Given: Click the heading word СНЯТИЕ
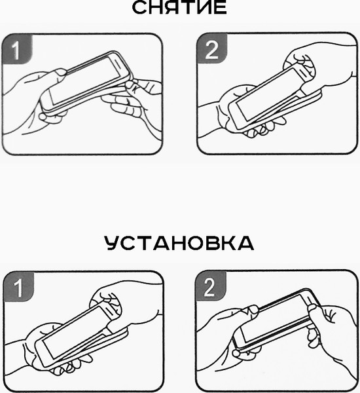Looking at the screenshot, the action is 179,7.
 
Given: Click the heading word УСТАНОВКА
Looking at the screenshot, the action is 179,243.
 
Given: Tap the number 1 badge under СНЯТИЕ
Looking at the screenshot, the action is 17,49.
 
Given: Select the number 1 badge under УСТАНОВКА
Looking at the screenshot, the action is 18,287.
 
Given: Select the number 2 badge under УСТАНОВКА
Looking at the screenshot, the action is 210,286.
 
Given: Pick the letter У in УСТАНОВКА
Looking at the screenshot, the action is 113,243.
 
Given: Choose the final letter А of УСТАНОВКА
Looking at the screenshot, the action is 245,243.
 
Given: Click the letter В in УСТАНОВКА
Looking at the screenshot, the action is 213,243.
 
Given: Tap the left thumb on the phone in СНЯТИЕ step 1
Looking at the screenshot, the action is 60,73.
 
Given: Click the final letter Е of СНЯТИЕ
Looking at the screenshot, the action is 221,8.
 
